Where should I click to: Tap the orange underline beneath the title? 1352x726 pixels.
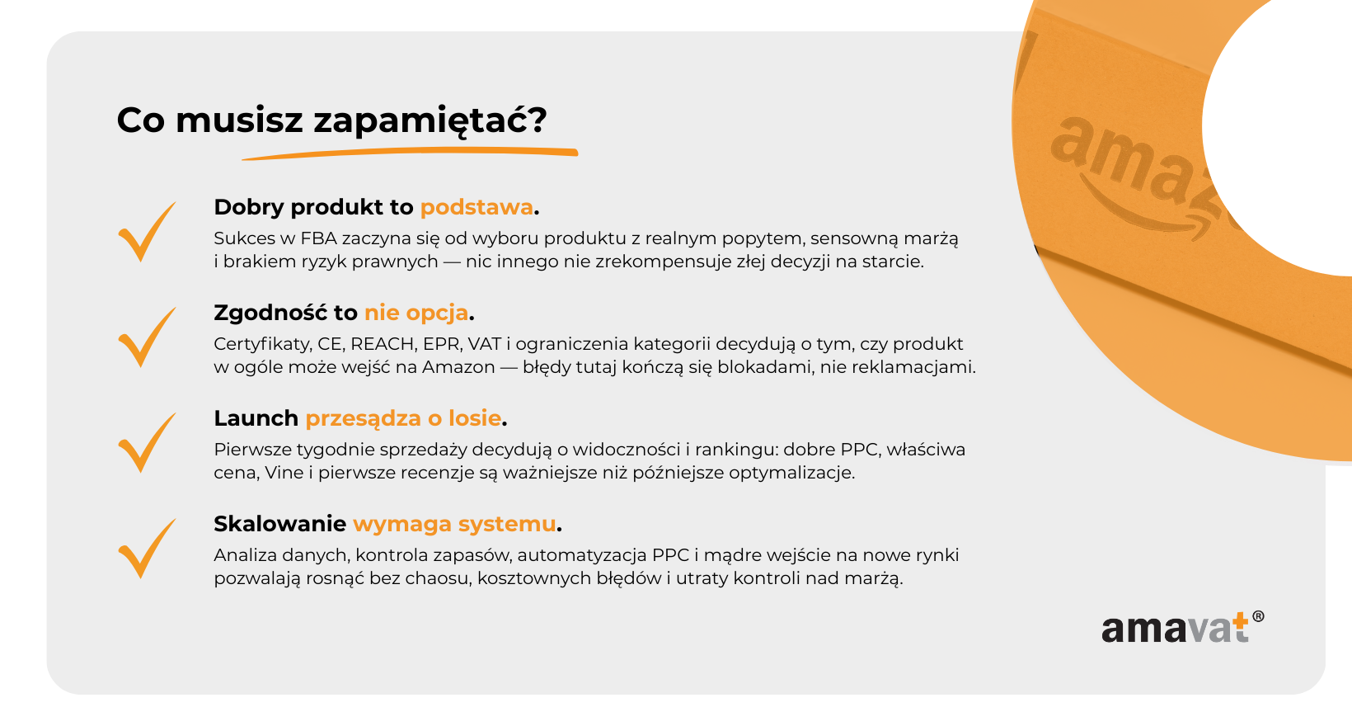[x=411, y=153]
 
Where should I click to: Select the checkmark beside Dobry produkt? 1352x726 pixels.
[x=147, y=231]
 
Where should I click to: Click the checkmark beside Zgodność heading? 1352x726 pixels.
[x=147, y=337]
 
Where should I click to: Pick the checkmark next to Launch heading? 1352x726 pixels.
[x=147, y=443]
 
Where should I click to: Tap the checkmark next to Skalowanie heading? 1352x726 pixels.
[x=147, y=549]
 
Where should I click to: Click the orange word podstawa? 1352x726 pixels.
[x=476, y=208]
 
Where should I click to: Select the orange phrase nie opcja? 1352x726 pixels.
[x=416, y=313]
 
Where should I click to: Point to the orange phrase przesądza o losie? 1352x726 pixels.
[x=403, y=418]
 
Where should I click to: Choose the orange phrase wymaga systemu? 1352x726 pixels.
[x=454, y=524]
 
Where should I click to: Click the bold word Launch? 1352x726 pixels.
[x=256, y=418]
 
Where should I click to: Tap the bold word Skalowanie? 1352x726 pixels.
[x=280, y=524]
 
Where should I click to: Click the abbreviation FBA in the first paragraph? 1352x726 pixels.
[x=318, y=238]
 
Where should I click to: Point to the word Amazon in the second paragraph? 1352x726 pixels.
[x=458, y=367]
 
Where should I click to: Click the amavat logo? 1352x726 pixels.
[x=1182, y=627]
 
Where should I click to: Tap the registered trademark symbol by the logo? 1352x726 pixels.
[x=1258, y=616]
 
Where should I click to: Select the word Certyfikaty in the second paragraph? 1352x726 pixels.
[x=262, y=345]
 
